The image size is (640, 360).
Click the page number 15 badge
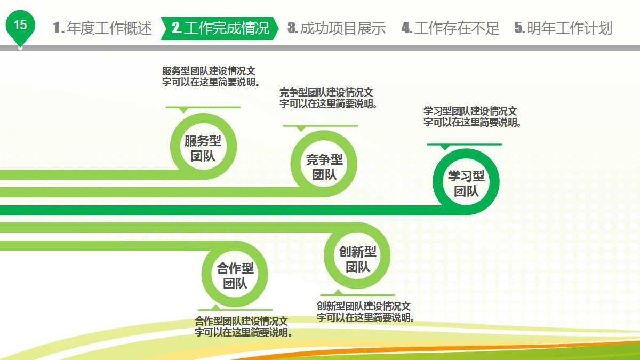point(20,26)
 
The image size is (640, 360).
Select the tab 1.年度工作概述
point(103,28)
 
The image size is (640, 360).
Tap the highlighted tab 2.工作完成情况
point(220,28)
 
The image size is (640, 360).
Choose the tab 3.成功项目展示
point(336,28)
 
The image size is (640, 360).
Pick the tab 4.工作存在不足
point(450,28)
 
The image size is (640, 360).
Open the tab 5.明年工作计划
point(563,28)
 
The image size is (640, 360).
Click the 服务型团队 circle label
point(203,148)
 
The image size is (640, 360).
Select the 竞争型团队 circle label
point(324,167)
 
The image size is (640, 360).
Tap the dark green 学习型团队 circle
point(466,183)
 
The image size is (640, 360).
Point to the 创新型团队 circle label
point(357,259)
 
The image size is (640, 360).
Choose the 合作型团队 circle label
point(235,276)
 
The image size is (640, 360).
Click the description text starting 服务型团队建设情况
point(212,76)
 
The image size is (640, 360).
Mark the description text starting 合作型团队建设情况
point(243,327)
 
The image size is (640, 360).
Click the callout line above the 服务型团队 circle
point(203,107)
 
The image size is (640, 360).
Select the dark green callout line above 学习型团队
point(464,145)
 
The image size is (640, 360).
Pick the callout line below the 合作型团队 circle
point(235,310)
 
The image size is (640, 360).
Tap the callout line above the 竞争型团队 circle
point(320,126)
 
